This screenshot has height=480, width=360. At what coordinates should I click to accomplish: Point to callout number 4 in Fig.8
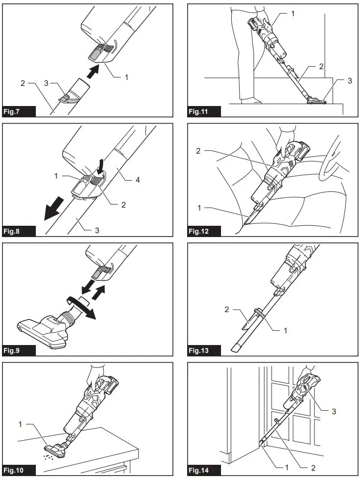pyautogui.click(x=138, y=181)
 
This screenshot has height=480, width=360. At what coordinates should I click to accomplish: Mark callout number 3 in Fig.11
pyautogui.click(x=349, y=80)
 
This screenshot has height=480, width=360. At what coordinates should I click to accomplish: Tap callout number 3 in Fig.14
pyautogui.click(x=333, y=411)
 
